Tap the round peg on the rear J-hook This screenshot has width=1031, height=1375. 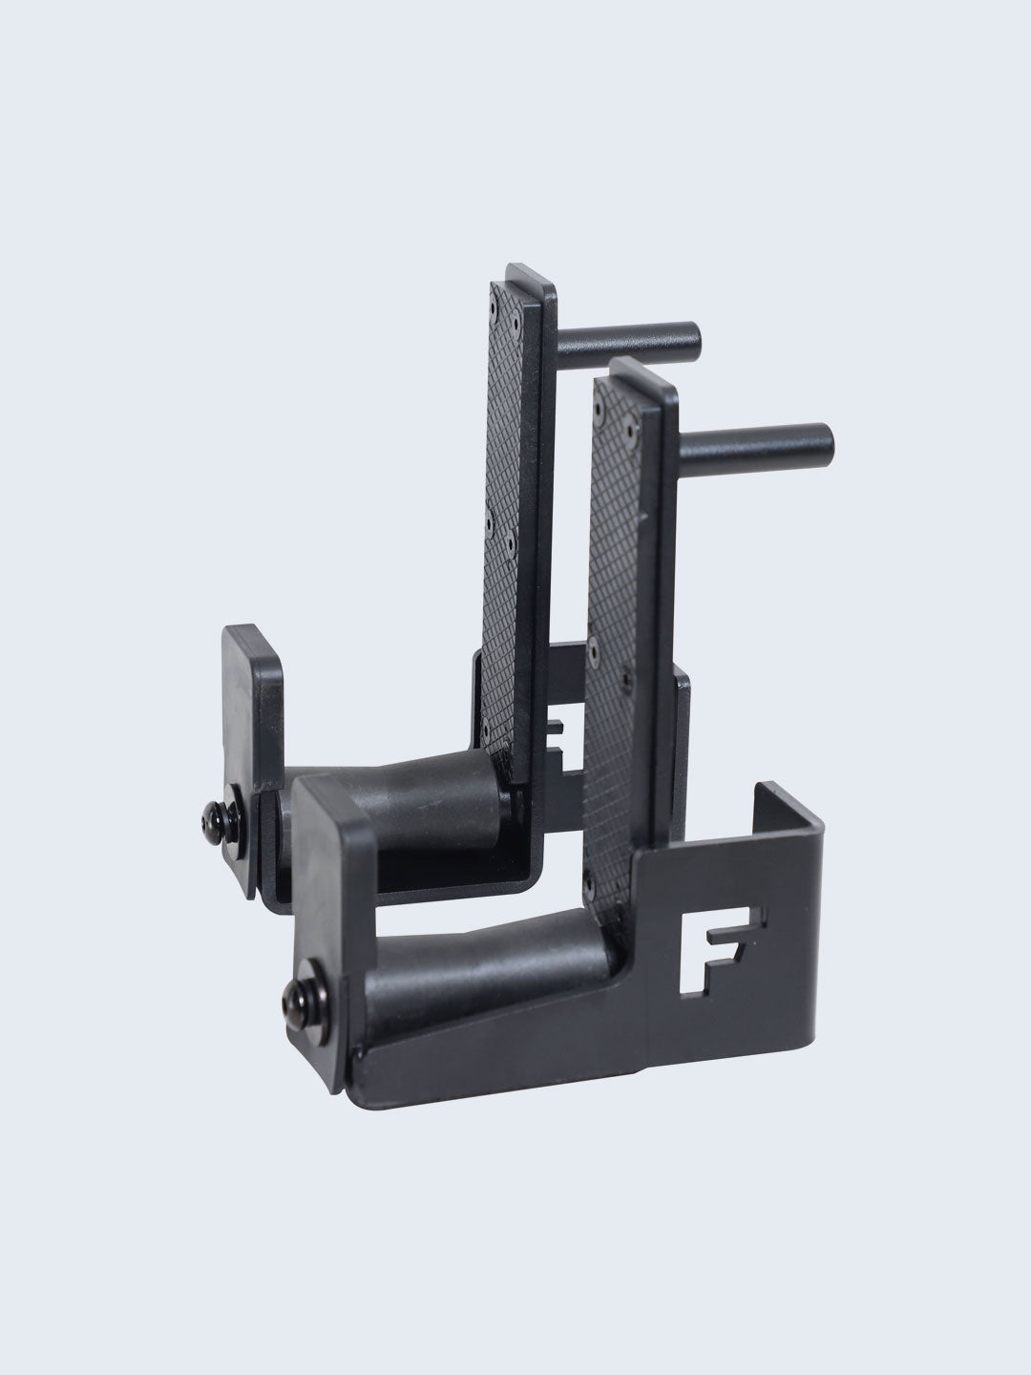tap(630, 340)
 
